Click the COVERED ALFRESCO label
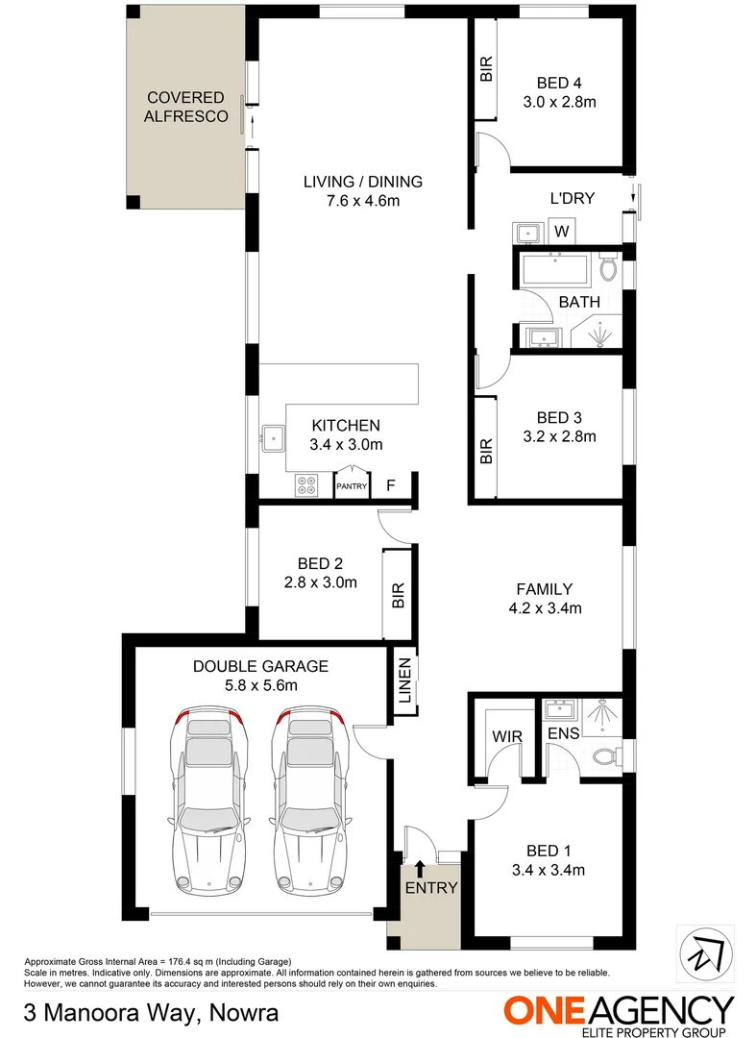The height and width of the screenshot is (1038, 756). (x=185, y=108)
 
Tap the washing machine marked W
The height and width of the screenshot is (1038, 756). (x=562, y=232)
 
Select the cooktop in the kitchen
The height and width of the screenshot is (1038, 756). (x=307, y=486)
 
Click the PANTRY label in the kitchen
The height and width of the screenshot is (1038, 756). (x=352, y=486)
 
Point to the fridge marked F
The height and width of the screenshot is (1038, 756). (x=390, y=486)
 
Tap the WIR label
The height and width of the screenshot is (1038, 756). (x=506, y=736)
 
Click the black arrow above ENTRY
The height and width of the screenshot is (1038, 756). (x=420, y=870)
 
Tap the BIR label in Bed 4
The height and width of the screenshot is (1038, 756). (x=486, y=69)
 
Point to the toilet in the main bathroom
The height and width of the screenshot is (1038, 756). (x=607, y=269)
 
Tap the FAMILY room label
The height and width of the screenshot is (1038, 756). (x=544, y=589)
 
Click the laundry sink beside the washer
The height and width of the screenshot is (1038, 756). (x=527, y=233)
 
